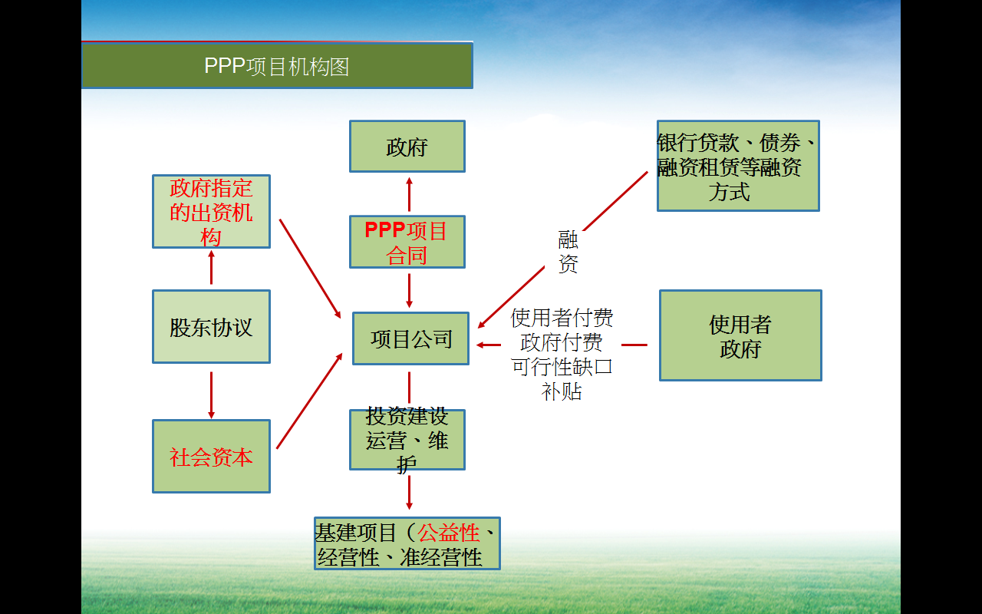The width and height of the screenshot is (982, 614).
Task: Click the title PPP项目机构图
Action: click(277, 67)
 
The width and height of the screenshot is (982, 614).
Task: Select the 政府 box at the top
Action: click(407, 147)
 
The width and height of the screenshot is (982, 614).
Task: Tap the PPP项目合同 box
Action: click(407, 242)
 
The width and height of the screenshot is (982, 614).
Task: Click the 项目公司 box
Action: click(410, 338)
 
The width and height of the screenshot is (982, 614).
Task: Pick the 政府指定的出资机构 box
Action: click(211, 212)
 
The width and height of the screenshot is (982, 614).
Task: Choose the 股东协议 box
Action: click(211, 327)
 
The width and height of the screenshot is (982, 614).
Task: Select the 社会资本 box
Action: click(211, 457)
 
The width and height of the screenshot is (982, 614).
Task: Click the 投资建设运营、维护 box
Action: click(407, 440)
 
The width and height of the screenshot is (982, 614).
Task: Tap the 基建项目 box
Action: click(407, 543)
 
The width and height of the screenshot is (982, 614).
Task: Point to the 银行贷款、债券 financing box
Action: click(738, 166)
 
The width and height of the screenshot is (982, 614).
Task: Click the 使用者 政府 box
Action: click(740, 335)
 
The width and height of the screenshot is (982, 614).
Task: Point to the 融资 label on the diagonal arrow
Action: click(568, 253)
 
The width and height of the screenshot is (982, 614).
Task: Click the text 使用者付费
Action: click(562, 318)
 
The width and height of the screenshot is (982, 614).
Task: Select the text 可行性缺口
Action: click(562, 366)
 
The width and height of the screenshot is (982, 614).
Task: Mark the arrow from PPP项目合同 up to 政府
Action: click(409, 195)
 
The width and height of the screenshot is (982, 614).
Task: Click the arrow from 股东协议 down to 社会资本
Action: click(211, 394)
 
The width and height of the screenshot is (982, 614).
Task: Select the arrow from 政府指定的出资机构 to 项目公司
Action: click(310, 268)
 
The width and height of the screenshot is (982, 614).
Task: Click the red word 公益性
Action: click(449, 532)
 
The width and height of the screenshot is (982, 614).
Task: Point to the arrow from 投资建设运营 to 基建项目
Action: click(409, 492)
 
